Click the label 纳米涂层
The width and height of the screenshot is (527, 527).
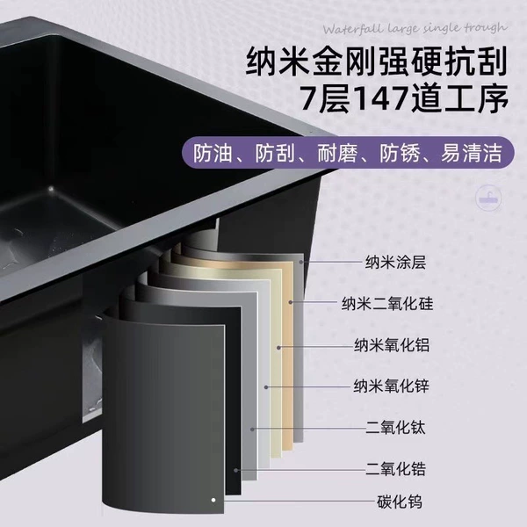click(x=395, y=262)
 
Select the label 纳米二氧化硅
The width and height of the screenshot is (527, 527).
click(x=387, y=304)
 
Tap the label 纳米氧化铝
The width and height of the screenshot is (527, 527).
click(x=392, y=345)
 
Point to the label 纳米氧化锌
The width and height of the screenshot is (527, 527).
click(x=391, y=386)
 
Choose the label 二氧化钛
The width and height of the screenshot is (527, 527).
click(x=395, y=428)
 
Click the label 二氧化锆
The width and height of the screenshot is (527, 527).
click(x=395, y=469)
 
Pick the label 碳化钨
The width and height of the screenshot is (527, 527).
click(x=400, y=502)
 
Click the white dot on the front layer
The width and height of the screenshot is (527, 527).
click(x=213, y=500)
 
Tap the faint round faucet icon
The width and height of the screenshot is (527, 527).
click(x=489, y=198)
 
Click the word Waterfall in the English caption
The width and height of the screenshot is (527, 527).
click(x=353, y=29)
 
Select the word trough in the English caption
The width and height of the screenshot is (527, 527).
click(x=486, y=28)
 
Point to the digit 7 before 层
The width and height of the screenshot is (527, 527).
click(x=309, y=98)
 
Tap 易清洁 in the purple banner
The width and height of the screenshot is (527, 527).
click(x=471, y=153)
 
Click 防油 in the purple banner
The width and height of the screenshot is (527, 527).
click(x=213, y=153)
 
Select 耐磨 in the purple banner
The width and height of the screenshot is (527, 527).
click(x=337, y=153)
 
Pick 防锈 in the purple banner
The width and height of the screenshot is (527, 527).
click(x=400, y=153)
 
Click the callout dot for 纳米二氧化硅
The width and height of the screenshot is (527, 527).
click(x=291, y=302)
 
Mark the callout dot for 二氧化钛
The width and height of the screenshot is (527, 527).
click(x=252, y=430)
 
